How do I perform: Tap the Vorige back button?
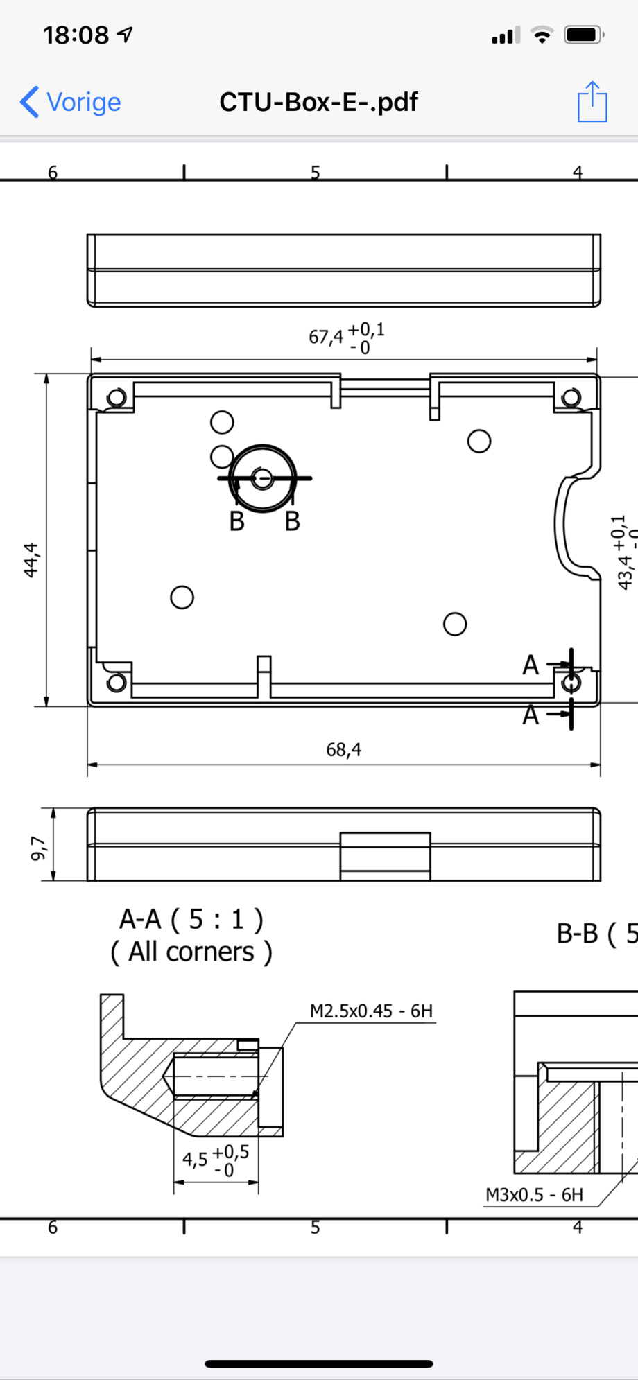tap(71, 102)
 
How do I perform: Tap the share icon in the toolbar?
tap(592, 102)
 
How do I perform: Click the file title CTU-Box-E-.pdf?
tap(318, 102)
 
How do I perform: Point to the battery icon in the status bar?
tap(583, 35)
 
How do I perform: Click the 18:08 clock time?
tap(76, 35)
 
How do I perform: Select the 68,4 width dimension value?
tap(343, 749)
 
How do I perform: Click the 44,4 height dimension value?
tap(32, 560)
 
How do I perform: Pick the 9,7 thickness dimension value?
tap(39, 848)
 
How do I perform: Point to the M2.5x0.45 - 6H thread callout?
tap(371, 1011)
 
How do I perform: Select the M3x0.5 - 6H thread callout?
tap(534, 1194)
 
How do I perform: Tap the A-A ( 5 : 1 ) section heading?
tap(191, 919)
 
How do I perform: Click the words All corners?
tap(191, 952)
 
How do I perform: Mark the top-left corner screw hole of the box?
tap(117, 398)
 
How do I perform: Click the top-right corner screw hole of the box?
tap(571, 398)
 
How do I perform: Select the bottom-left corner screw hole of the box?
tap(117, 683)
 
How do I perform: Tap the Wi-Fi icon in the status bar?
tap(542, 35)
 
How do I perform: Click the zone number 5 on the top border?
tap(316, 172)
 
